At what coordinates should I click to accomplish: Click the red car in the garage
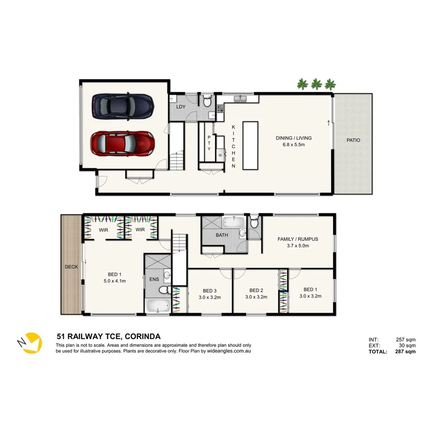point(122,143)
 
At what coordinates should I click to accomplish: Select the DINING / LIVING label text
point(294,138)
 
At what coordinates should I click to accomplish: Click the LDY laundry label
point(181,107)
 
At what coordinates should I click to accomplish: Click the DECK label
point(72,267)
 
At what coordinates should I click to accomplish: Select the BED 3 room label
point(209,291)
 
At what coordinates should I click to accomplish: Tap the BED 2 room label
point(256,291)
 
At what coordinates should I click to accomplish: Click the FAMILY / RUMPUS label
point(298,239)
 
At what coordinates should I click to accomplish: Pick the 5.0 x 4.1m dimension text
point(114,281)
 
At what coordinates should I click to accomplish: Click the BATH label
point(221,235)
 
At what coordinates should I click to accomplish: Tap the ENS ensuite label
point(154,279)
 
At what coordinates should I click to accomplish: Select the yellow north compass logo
point(31,343)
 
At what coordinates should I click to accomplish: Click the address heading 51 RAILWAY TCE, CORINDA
point(108,337)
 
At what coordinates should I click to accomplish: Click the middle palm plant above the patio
point(316,84)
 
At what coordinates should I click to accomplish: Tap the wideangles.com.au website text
point(229,351)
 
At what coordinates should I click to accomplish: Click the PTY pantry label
point(209,143)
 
